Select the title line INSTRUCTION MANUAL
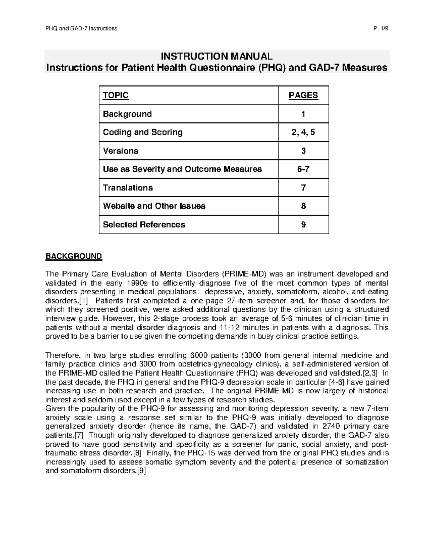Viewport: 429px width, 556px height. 217,56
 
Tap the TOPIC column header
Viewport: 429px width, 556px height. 115,95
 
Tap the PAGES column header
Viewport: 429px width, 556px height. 303,95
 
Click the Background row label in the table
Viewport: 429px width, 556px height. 127,114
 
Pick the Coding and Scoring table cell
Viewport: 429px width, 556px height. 143,132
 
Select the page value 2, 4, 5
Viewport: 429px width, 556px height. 303,132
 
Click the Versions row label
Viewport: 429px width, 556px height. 120,151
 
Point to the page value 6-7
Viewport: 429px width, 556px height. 303,169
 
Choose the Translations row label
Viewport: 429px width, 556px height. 128,188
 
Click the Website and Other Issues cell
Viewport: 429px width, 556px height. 154,206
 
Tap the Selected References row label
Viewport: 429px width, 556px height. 144,224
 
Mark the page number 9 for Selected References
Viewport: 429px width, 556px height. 303,224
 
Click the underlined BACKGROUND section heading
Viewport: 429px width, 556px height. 73,256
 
